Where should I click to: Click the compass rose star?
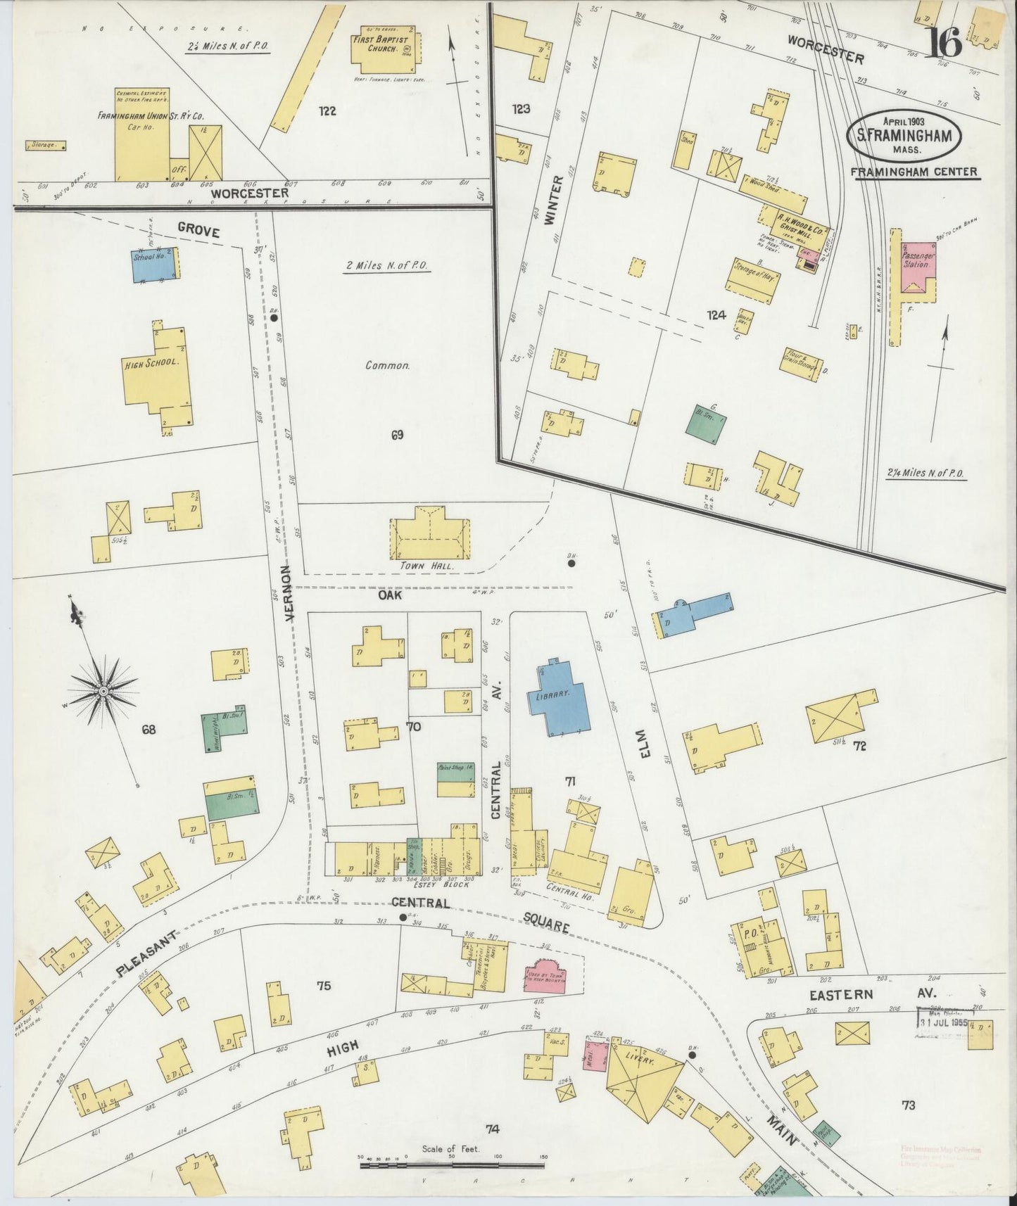click(x=103, y=691)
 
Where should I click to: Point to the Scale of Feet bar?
click(x=450, y=1166)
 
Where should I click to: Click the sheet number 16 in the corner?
click(x=942, y=44)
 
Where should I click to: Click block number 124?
click(x=717, y=316)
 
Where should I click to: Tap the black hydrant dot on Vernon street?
click(x=274, y=318)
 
